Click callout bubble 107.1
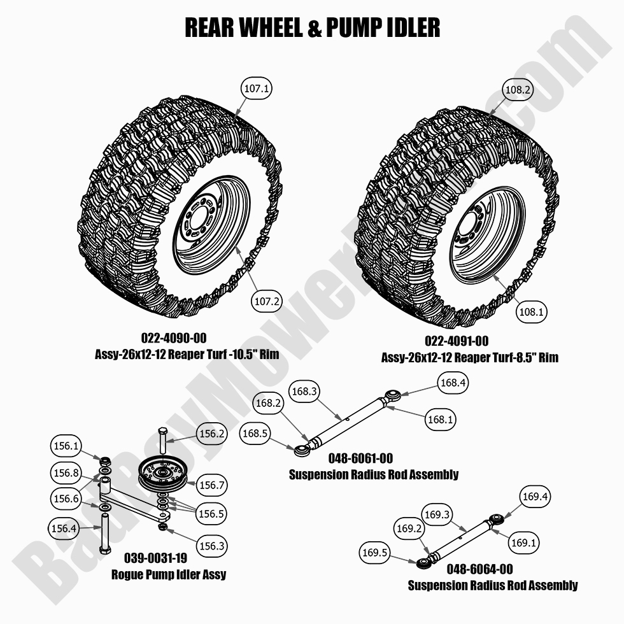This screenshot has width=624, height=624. click(x=257, y=89)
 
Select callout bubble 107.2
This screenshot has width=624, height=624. click(x=267, y=302)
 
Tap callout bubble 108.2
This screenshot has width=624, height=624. click(x=518, y=90)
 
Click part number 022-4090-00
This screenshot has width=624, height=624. click(x=173, y=338)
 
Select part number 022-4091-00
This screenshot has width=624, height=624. click(x=457, y=341)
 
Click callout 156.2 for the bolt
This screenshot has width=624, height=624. click(x=212, y=434)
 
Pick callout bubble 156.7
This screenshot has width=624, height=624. click(x=212, y=485)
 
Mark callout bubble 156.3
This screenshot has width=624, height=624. click(x=212, y=546)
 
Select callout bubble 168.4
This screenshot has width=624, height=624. click(x=453, y=383)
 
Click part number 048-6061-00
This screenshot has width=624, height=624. click(x=360, y=458)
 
